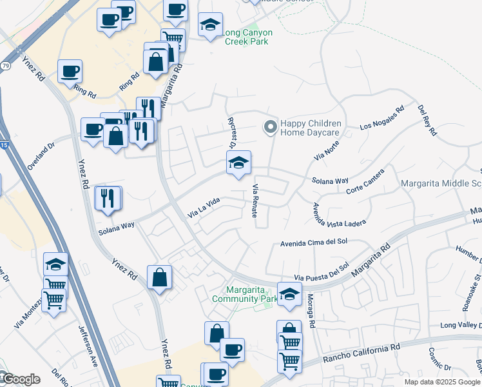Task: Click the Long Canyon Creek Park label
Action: [x=248, y=37]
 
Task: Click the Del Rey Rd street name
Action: [x=427, y=120]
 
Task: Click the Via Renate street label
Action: [x=256, y=199]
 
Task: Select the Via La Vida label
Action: [x=204, y=207]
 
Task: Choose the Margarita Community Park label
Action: [x=244, y=294]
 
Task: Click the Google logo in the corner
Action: [x=21, y=379]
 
